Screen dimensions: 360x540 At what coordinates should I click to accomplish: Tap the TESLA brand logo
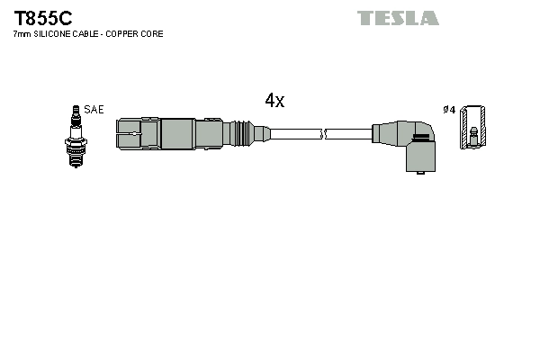tap(398, 18)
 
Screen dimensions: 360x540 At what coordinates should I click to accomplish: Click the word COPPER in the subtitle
tap(122, 34)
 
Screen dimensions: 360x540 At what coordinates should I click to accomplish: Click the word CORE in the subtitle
tap(152, 34)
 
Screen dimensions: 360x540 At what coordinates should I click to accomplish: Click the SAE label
tap(94, 109)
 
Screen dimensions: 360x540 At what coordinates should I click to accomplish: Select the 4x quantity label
tap(274, 101)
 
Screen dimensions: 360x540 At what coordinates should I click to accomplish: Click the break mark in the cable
tap(325, 134)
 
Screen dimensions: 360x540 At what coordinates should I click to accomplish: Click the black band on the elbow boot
tap(419, 139)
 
